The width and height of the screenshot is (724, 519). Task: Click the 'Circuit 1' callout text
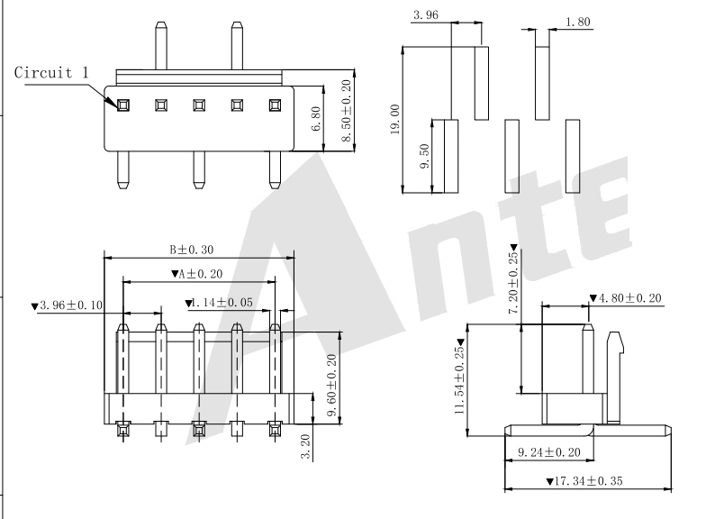point(51,72)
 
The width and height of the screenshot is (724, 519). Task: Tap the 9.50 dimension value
point(426,156)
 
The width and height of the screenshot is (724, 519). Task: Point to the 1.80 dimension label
point(577,21)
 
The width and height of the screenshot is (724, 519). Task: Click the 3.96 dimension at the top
point(425,15)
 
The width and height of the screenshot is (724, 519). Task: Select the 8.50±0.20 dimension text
point(348,109)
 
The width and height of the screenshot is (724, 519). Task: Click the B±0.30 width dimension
point(193,250)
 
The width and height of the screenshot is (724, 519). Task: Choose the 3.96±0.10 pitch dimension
point(67,305)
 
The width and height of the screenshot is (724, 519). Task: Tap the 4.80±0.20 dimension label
point(627,297)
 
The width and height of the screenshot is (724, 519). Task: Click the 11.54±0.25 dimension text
point(459,380)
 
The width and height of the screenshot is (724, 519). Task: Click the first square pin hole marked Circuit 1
point(122,105)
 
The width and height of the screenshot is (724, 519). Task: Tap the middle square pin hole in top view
point(198,105)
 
